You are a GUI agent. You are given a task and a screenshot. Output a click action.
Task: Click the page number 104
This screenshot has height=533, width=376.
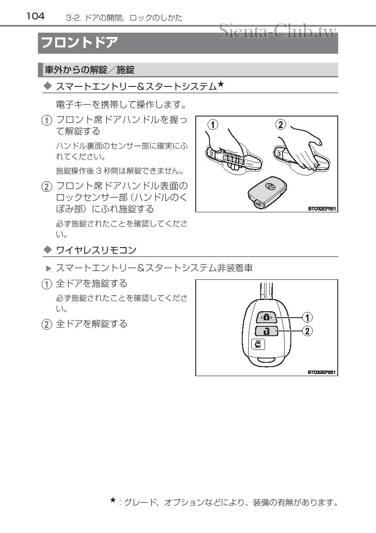pyautogui.click(x=35, y=16)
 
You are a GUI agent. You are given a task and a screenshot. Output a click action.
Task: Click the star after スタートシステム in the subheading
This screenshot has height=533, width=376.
pyautogui.click(x=220, y=84)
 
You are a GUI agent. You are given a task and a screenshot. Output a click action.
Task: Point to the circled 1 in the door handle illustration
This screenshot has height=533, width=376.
pyautogui.click(x=212, y=125)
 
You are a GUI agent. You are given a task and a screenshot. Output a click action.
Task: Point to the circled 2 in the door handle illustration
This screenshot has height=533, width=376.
pyautogui.click(x=280, y=125)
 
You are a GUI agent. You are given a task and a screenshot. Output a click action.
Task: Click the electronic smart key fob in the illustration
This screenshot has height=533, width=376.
pyautogui.click(x=267, y=192)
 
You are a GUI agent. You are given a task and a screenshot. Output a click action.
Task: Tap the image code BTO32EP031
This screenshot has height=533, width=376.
pyautogui.click(x=321, y=372)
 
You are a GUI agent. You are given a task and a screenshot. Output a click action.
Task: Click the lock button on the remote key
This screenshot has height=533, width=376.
pyautogui.click(x=266, y=318)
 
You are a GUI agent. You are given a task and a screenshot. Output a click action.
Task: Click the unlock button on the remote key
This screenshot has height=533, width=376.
pyautogui.click(x=266, y=331)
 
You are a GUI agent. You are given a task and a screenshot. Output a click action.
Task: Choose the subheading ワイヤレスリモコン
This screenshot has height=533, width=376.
pyautogui.click(x=96, y=250)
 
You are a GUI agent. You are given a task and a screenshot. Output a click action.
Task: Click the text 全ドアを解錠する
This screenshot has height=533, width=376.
pyautogui.click(x=92, y=324)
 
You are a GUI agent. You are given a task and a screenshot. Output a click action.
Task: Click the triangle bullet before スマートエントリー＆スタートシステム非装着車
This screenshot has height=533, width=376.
pyautogui.click(x=49, y=268)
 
